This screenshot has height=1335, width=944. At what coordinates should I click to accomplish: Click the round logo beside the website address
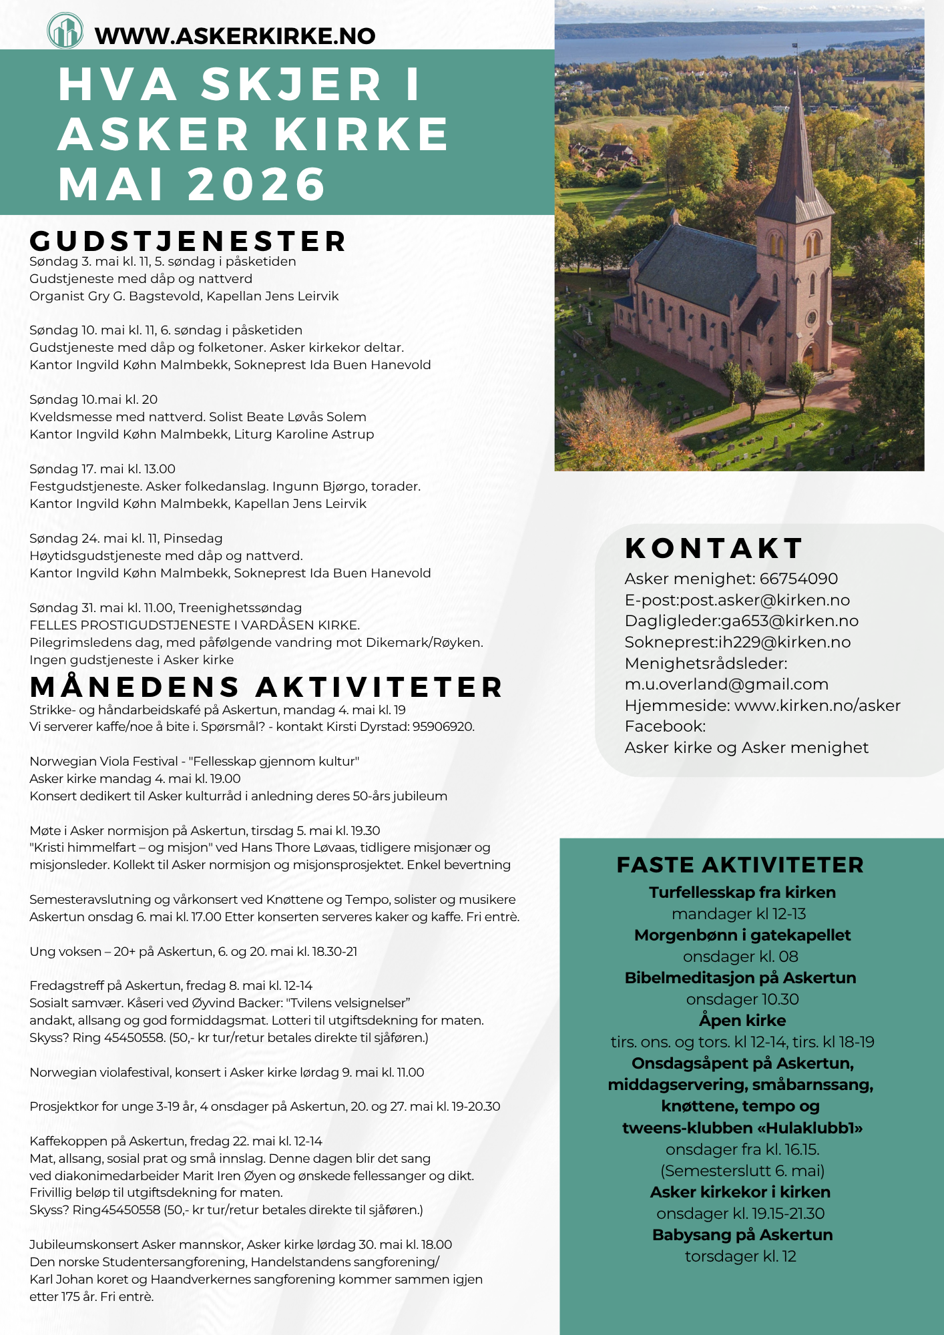click(65, 31)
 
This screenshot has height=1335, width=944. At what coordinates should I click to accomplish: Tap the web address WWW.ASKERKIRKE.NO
click(235, 35)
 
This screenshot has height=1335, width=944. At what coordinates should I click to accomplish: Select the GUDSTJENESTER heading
click(188, 242)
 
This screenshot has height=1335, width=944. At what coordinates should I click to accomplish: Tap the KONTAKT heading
click(714, 549)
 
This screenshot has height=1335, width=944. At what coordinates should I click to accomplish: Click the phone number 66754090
click(798, 579)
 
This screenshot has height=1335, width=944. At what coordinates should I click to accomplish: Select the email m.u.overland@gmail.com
click(726, 684)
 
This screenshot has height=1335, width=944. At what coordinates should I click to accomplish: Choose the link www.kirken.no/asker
click(817, 706)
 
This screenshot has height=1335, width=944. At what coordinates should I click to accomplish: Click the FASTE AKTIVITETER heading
click(740, 865)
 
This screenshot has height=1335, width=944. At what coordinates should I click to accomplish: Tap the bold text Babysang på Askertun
click(742, 1235)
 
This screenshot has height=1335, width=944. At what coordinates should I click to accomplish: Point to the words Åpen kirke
click(742, 1021)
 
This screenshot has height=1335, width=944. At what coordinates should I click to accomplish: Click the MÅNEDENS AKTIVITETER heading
click(266, 688)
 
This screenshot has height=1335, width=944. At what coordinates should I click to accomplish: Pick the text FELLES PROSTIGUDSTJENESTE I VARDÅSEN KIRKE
click(194, 625)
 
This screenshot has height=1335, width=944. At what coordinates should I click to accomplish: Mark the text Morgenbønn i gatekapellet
click(742, 935)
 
